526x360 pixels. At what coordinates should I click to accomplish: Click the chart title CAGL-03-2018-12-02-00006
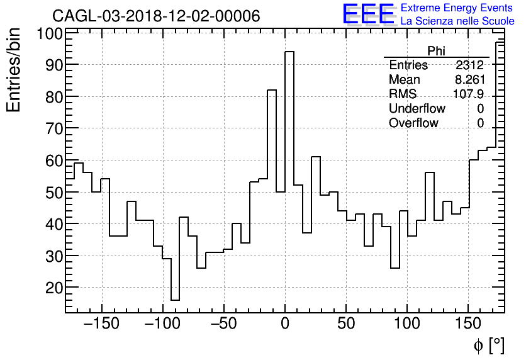(x=156, y=16)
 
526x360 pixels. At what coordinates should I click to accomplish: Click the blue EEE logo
(x=368, y=14)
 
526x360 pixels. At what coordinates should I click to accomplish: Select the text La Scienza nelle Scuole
(x=457, y=21)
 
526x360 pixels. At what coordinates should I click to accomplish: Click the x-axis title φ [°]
(x=489, y=345)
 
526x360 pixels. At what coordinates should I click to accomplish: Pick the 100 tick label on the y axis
(x=48, y=33)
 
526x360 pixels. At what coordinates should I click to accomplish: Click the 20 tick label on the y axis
(x=52, y=288)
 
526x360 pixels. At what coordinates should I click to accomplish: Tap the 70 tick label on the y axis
(x=52, y=129)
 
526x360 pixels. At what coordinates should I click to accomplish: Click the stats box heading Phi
(x=436, y=51)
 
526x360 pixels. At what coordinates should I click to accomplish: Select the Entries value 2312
(x=469, y=65)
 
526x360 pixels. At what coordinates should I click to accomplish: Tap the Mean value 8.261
(x=469, y=80)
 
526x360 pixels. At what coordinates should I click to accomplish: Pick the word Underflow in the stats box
(x=417, y=109)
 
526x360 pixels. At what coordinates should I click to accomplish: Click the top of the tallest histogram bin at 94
(x=289, y=52)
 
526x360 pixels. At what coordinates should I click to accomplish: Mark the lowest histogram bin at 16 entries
(x=175, y=300)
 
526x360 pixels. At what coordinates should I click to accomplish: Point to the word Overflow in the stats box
(x=413, y=123)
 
